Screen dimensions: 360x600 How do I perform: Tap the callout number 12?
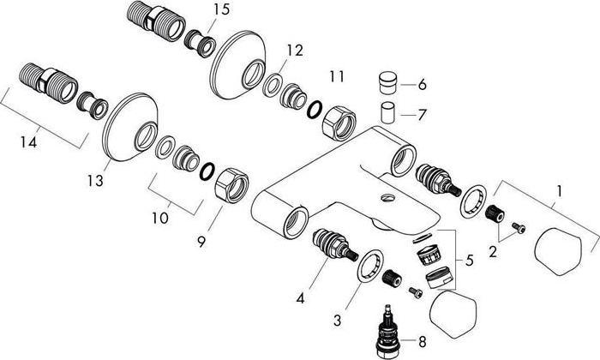coord(295,51)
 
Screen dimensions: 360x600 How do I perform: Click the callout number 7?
coord(422,113)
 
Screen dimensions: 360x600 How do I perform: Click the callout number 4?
coord(301,299)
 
